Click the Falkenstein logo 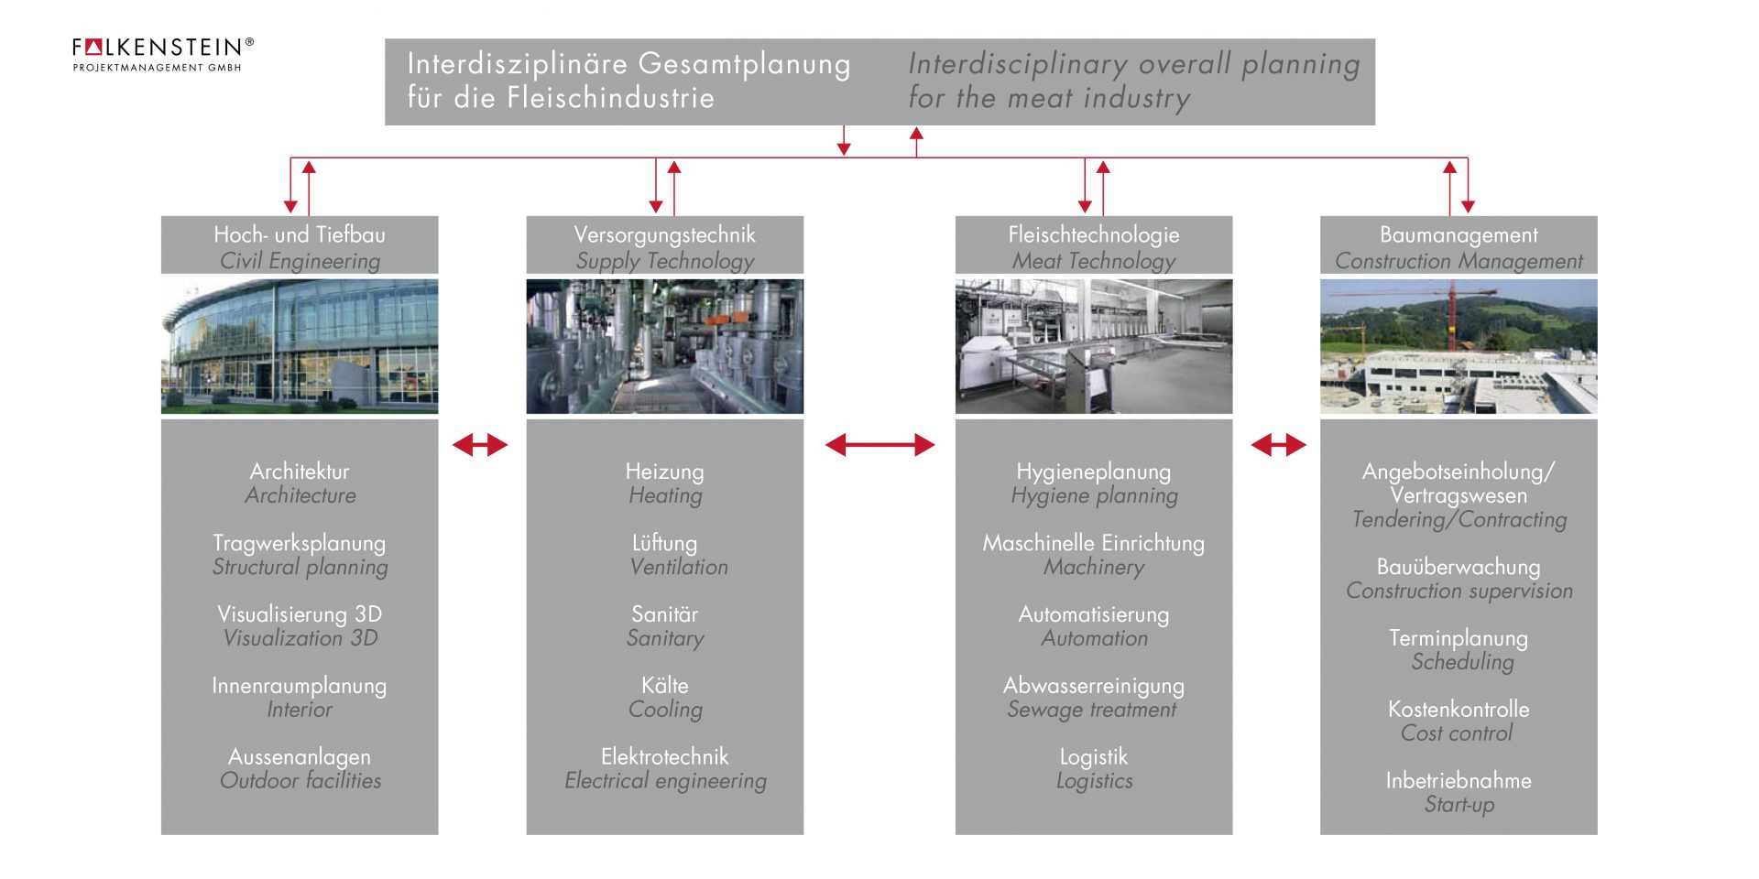(x=162, y=53)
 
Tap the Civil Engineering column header (x=300, y=245)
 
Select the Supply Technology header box (x=664, y=245)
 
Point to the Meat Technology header (x=1093, y=245)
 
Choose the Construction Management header (x=1459, y=245)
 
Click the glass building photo (x=300, y=346)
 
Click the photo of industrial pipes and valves (x=664, y=346)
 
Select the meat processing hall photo (x=1093, y=346)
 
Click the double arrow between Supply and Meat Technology (x=879, y=446)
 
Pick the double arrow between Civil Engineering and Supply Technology (x=480, y=446)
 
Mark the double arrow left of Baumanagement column (x=1278, y=446)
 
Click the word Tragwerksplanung (x=300, y=543)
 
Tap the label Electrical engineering (x=665, y=781)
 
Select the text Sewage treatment (x=1092, y=710)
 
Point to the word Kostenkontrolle (x=1459, y=710)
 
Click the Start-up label (x=1459, y=805)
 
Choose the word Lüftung (x=665, y=543)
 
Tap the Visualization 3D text (x=300, y=638)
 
